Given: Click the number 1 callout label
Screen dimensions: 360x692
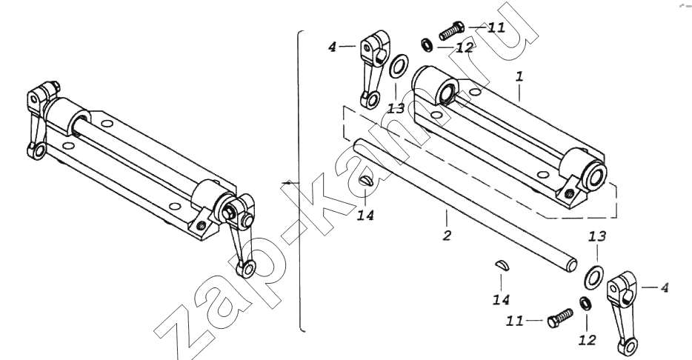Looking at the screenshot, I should [x=519, y=76].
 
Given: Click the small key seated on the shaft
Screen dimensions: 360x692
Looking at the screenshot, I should [x=365, y=181].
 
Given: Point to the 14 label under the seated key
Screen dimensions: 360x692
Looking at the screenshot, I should [x=365, y=216].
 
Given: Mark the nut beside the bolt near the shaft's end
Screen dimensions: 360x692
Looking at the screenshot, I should [x=584, y=302].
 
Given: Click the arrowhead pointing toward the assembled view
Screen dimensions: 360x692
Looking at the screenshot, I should [x=286, y=182].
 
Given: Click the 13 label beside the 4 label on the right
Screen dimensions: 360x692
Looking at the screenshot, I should [x=596, y=236].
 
